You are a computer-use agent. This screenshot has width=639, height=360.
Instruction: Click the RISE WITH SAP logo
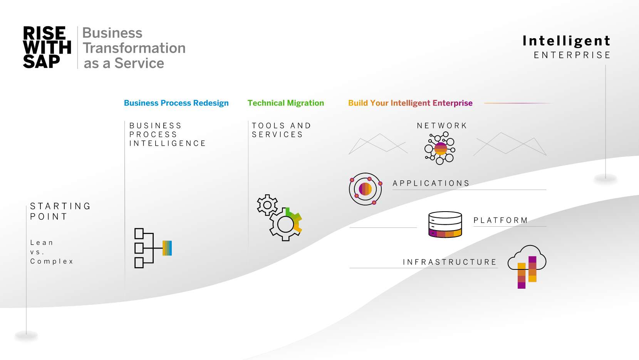[47, 47]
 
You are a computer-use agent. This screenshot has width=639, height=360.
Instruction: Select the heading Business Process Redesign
[176, 103]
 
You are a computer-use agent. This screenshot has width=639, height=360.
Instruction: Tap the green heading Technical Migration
[285, 103]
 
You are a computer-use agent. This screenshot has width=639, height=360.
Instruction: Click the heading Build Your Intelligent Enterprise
[410, 103]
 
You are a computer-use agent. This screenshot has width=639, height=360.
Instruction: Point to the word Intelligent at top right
[566, 41]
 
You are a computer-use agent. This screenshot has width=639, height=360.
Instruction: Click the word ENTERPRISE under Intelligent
[572, 55]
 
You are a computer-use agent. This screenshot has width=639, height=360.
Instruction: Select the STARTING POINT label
[60, 211]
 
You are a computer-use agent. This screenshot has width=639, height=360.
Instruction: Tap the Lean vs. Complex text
[51, 252]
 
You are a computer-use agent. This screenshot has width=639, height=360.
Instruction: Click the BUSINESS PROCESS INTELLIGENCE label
[167, 135]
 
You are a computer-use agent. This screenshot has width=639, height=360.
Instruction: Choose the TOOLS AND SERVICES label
[281, 130]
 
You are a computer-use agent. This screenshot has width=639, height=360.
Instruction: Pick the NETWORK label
[442, 126]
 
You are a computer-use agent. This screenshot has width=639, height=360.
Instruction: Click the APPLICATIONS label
[431, 183]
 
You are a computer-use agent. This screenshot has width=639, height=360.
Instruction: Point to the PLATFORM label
[500, 220]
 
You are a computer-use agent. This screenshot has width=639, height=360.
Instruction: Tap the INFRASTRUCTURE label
[449, 262]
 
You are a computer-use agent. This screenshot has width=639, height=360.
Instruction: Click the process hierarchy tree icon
[153, 248]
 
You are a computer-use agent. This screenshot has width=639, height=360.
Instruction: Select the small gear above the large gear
[267, 205]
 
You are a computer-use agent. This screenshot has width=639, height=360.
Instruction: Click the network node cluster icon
[440, 148]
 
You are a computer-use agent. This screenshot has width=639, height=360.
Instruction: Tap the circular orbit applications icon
[365, 189]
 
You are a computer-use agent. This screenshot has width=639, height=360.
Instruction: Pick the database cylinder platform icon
[445, 224]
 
